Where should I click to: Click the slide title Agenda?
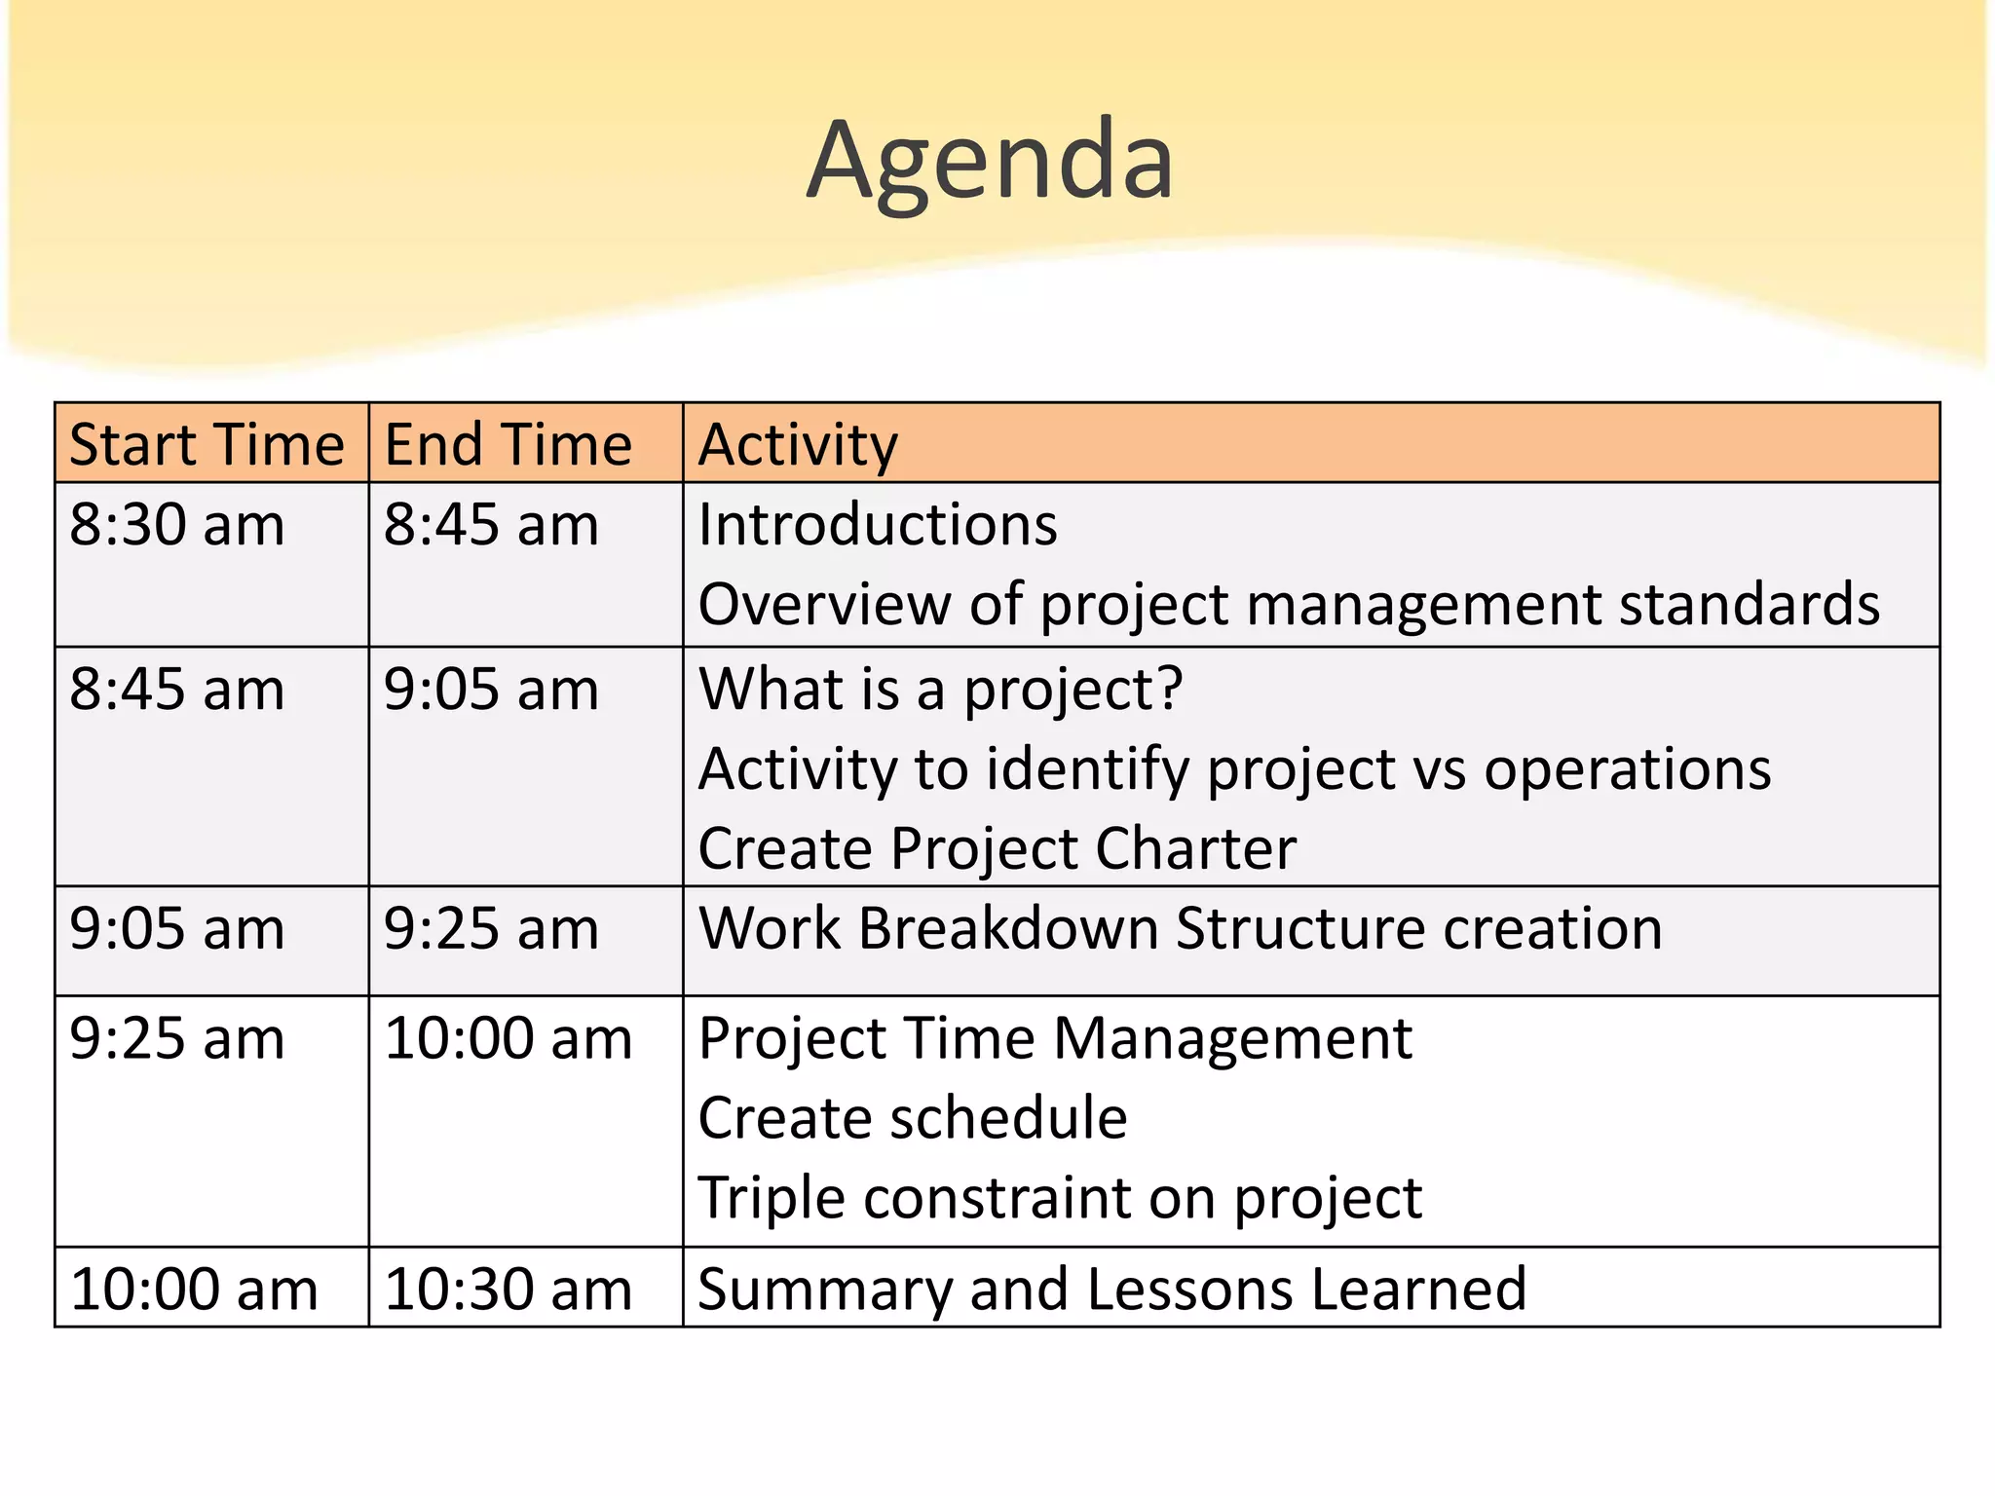pyautogui.click(x=990, y=161)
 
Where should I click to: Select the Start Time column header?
pyautogui.click(x=207, y=445)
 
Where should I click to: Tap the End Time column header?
pyautogui.click(x=508, y=445)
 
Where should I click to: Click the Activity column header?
pyautogui.click(x=798, y=445)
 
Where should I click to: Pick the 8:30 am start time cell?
pyautogui.click(x=177, y=526)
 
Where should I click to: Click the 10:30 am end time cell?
pyautogui.click(x=508, y=1290)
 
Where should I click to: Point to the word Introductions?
pyautogui.click(x=877, y=526)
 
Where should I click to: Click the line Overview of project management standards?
pyautogui.click(x=1288, y=605)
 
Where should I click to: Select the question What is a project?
pyautogui.click(x=940, y=690)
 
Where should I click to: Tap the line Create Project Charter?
pyautogui.click(x=997, y=848)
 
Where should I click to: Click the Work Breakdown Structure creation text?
pyautogui.click(x=1180, y=928)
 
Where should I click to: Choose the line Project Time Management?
pyautogui.click(x=1055, y=1038)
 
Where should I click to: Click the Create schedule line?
pyautogui.click(x=913, y=1117)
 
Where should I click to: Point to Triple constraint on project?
pyautogui.click(x=1060, y=1197)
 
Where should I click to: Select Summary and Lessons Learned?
pyautogui.click(x=1111, y=1290)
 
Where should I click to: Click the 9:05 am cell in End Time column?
pyautogui.click(x=491, y=691)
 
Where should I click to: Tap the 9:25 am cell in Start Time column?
pyautogui.click(x=177, y=1038)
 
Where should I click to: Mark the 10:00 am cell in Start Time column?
pyautogui.click(x=194, y=1290)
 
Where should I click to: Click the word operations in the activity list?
pyautogui.click(x=1627, y=769)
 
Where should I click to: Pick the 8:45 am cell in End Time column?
pyautogui.click(x=491, y=526)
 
